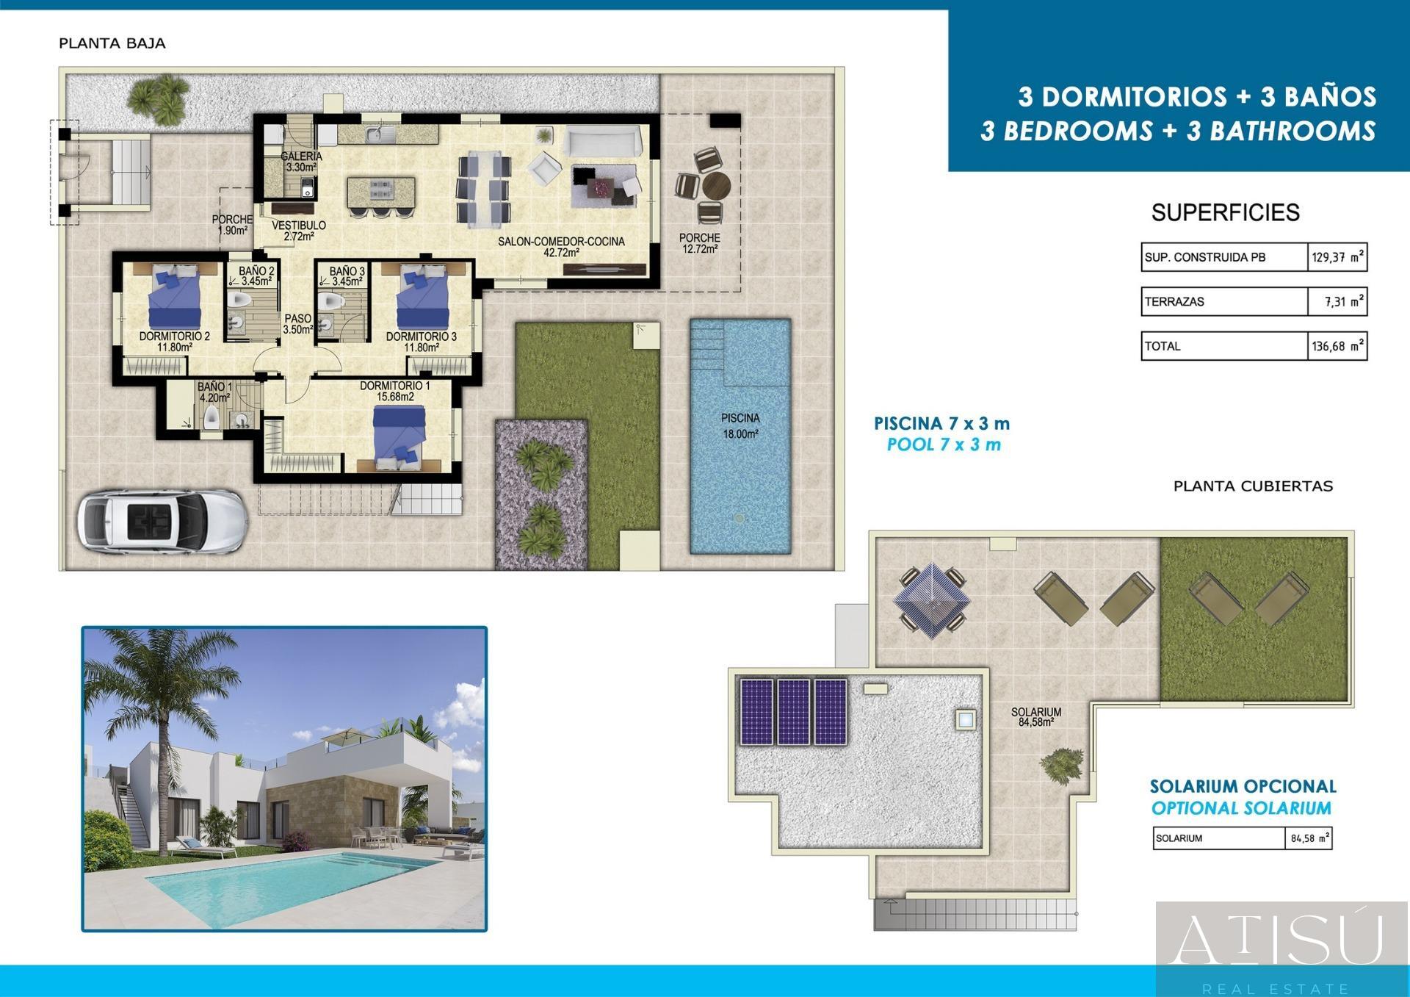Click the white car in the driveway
click(162, 521)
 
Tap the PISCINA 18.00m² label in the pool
click(740, 426)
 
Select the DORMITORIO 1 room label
click(395, 391)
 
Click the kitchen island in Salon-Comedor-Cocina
click(380, 191)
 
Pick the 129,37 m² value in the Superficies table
click(1337, 258)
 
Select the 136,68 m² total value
click(1337, 346)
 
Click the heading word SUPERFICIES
click(1225, 213)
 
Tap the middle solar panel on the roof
click(793, 711)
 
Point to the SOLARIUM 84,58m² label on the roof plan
click(1035, 717)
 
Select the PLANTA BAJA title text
click(112, 43)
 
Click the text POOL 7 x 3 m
click(944, 444)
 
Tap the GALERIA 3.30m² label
click(301, 162)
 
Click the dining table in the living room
click(484, 187)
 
